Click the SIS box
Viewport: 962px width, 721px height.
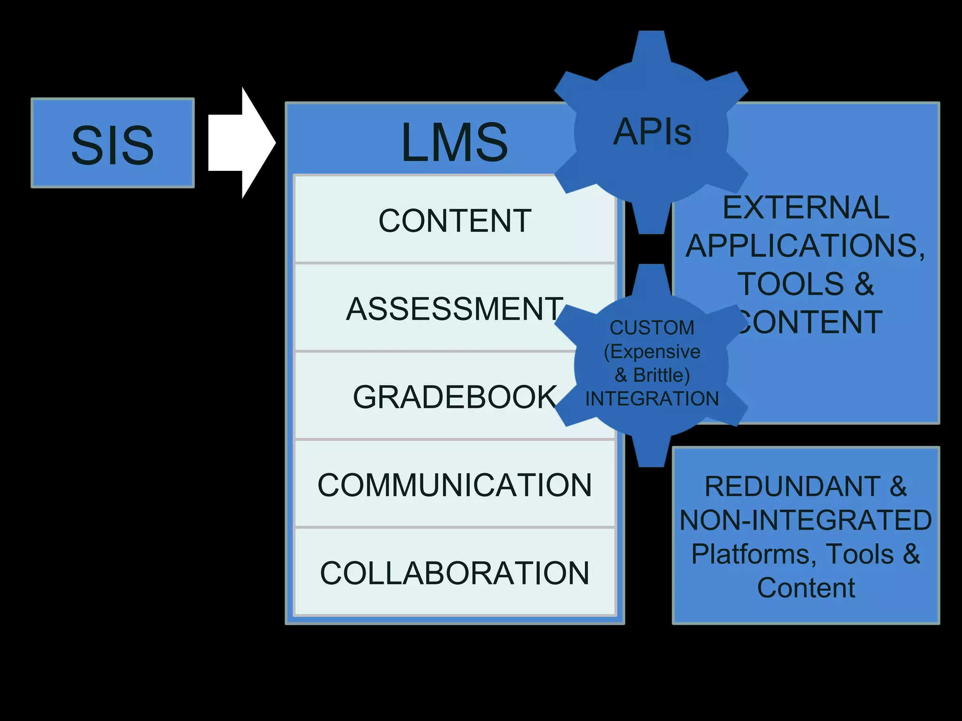(113, 143)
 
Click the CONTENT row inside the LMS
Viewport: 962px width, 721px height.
(455, 221)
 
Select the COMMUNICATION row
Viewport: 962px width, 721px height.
(455, 485)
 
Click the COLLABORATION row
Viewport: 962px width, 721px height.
(455, 573)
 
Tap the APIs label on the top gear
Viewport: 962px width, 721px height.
(652, 132)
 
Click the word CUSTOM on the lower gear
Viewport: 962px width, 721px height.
(652, 328)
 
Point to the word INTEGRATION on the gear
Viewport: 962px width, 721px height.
(652, 399)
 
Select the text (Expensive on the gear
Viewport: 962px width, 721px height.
(652, 352)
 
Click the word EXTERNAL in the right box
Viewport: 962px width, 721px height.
(806, 207)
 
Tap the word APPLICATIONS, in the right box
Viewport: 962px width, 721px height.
(806, 245)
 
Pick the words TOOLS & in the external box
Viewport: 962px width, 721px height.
(806, 284)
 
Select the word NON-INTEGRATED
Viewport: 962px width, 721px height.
(806, 520)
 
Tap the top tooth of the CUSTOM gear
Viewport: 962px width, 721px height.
(651, 279)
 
